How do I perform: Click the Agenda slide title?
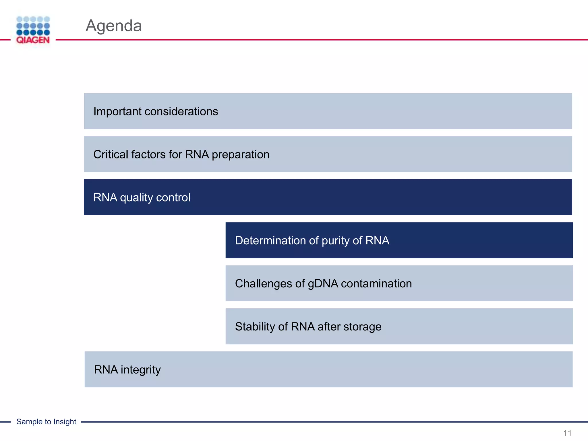point(114,26)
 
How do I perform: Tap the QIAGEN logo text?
point(33,40)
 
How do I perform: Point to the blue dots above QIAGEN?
point(33,26)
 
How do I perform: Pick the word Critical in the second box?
point(111,154)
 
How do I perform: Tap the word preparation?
point(241,154)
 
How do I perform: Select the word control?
point(173,198)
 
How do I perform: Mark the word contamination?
point(376,284)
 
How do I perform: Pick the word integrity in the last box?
point(140,370)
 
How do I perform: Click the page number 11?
point(567,433)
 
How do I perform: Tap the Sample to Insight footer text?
point(46,421)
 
